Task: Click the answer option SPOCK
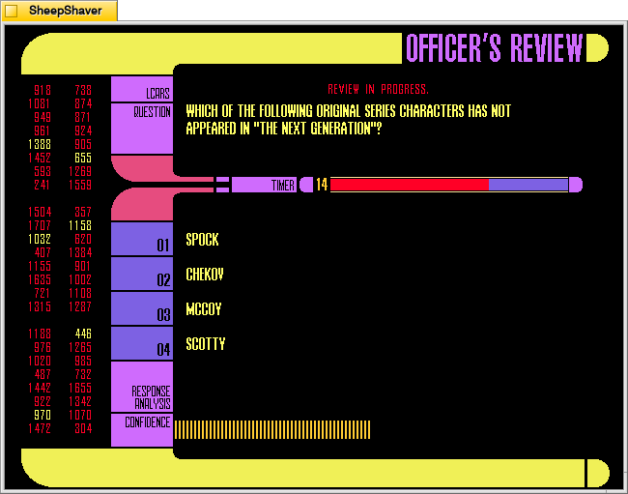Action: (202, 240)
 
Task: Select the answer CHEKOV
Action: (205, 275)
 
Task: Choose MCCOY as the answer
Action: (204, 309)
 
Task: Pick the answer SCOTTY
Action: (206, 344)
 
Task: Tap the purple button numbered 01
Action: (142, 240)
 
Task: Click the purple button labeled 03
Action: (142, 309)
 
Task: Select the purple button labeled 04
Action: (142, 344)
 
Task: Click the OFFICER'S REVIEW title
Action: (495, 48)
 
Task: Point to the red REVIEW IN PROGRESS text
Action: (378, 89)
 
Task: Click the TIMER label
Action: (282, 185)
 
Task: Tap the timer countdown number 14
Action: (322, 185)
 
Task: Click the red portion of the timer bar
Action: (409, 185)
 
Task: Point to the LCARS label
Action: (157, 94)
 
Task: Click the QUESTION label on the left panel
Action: (152, 112)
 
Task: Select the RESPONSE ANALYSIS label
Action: (151, 396)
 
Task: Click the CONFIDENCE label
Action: (147, 422)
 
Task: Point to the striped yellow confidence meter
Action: (272, 429)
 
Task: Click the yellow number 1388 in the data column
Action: (40, 144)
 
